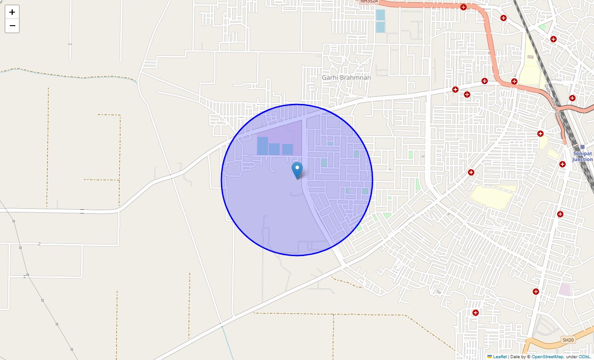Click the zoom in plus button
(x=12, y=12)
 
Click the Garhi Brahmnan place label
(x=346, y=77)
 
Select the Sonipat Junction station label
(x=582, y=157)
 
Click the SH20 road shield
(x=568, y=340)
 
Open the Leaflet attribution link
(x=499, y=357)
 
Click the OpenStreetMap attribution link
(x=547, y=357)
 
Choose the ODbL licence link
(x=585, y=357)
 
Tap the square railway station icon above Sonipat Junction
(x=582, y=147)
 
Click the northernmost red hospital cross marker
(x=463, y=7)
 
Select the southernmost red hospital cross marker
(x=475, y=313)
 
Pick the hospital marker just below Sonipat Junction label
(x=562, y=164)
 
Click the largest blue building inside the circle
(x=262, y=146)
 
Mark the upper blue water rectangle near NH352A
(x=380, y=15)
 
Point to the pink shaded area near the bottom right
(x=564, y=289)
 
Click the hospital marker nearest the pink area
(x=535, y=292)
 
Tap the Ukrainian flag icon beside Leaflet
(x=490, y=357)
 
